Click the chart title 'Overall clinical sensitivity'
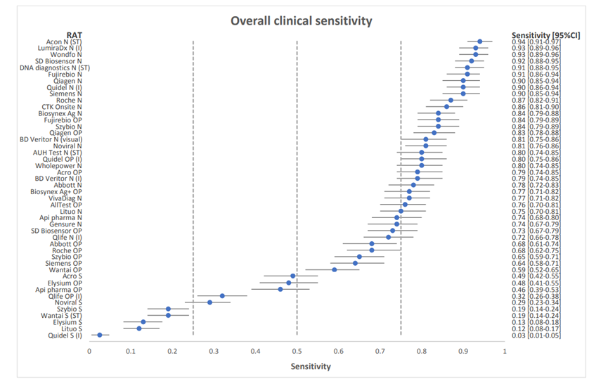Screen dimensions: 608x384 [x=302, y=20]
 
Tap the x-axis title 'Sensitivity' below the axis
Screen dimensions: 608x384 [x=311, y=366]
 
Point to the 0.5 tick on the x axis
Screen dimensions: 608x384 [x=297, y=352]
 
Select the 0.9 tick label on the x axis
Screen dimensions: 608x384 [x=463, y=352]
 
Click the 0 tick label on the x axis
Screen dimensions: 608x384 [x=89, y=352]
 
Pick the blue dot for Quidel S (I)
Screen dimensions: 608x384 [x=100, y=335]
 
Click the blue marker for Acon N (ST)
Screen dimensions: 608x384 [x=479, y=41]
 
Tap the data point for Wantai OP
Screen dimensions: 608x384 [x=335, y=269]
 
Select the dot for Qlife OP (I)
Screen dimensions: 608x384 [x=222, y=296]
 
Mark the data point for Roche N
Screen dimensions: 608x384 [x=451, y=100]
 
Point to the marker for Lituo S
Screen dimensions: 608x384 [x=139, y=328]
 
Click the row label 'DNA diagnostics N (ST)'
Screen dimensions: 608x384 [x=55, y=68]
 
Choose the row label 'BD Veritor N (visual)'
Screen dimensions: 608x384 [x=51, y=140]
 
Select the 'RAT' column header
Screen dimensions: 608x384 [x=74, y=35]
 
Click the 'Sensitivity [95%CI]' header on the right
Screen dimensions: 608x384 [x=546, y=35]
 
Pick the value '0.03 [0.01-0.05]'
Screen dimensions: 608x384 [x=536, y=335]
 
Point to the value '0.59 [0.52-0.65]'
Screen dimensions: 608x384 [x=536, y=270]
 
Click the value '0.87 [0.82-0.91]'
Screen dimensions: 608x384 [x=536, y=101]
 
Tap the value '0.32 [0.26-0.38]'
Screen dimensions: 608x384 [x=536, y=296]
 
